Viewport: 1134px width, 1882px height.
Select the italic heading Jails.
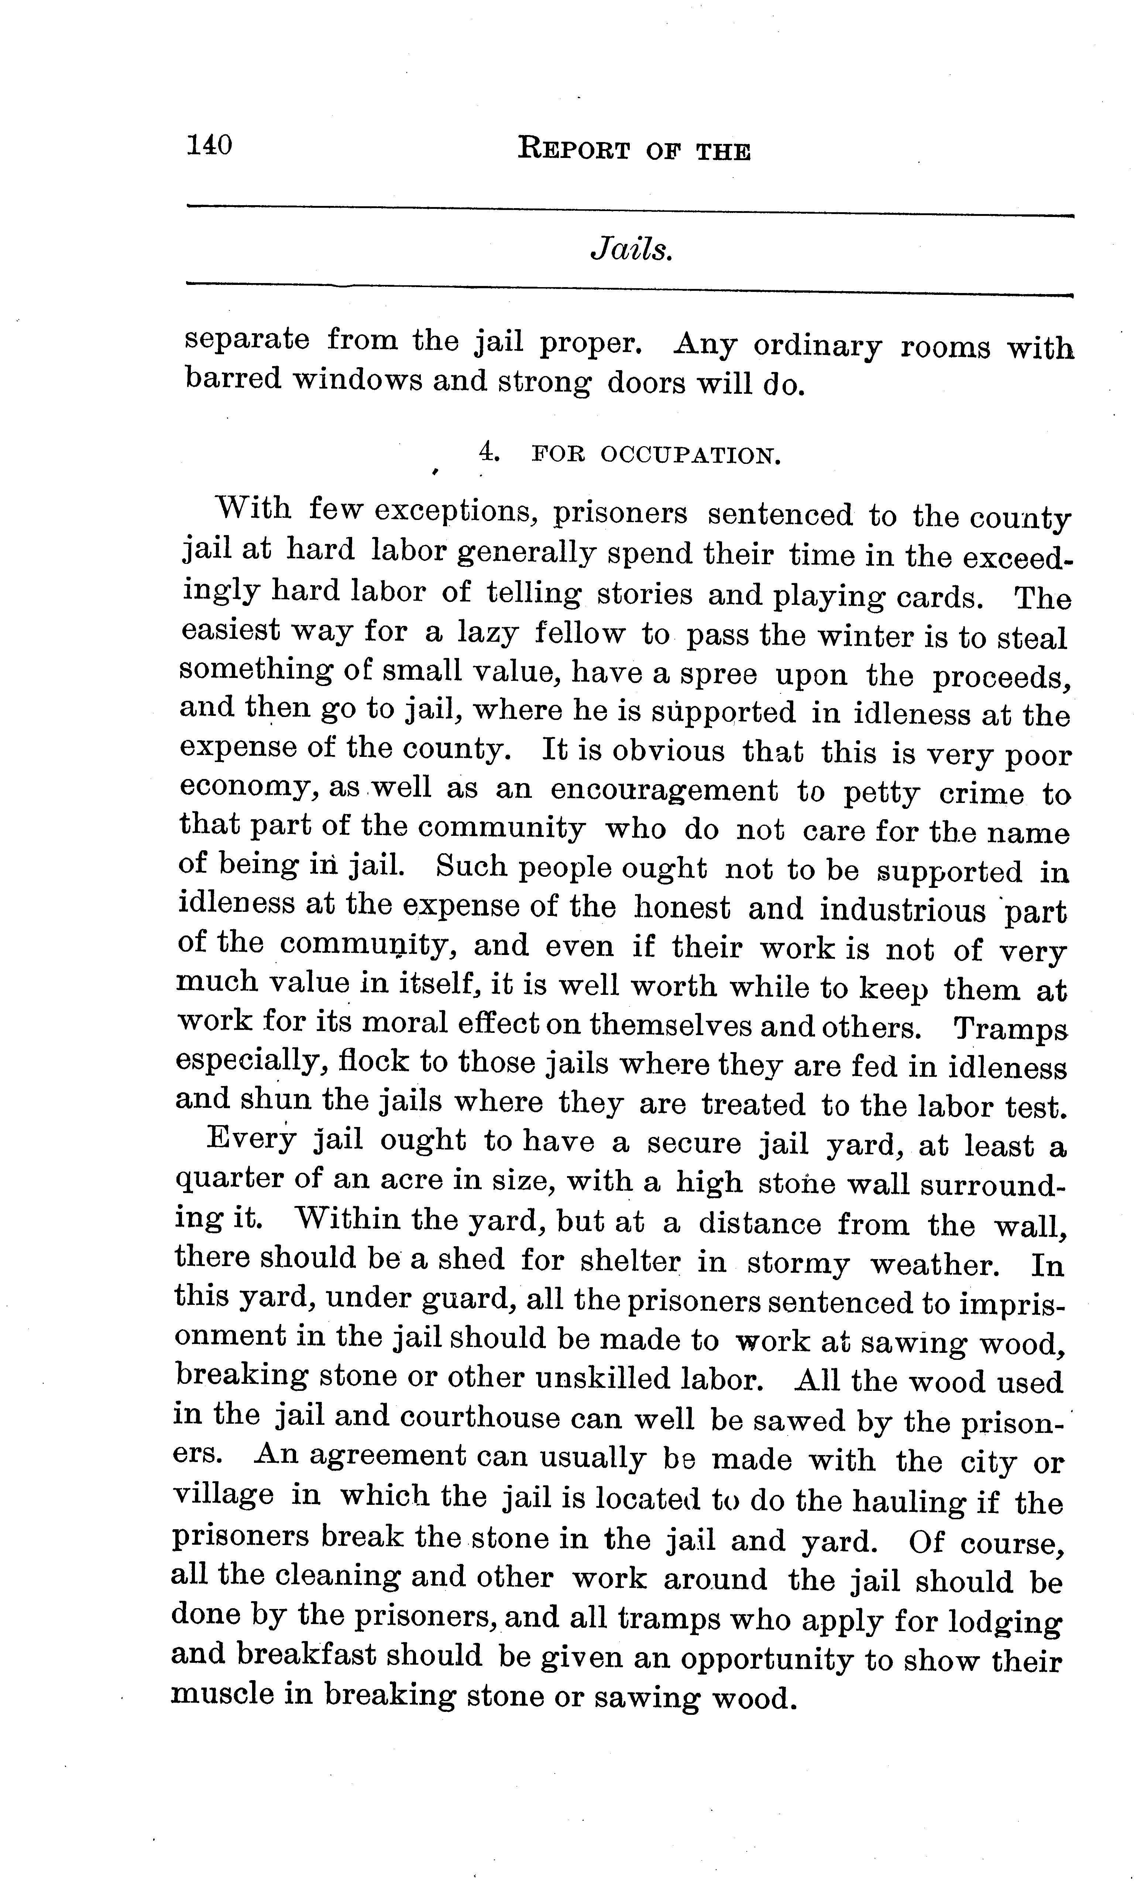click(x=631, y=250)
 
